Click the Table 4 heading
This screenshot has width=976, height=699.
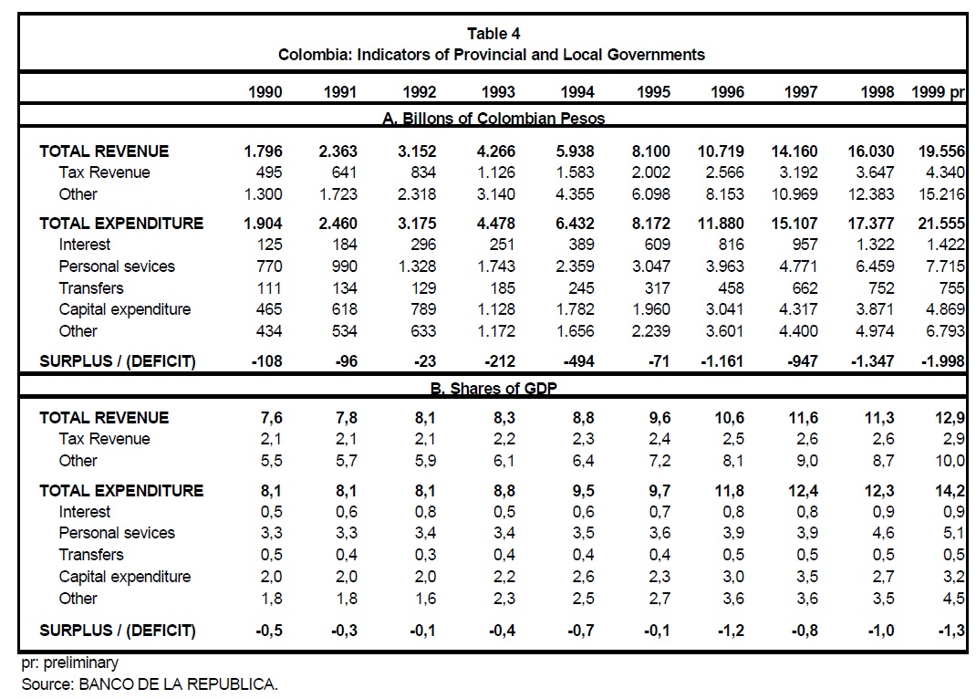[493, 34]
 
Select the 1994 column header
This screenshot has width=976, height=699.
[577, 92]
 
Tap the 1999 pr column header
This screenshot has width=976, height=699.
[938, 92]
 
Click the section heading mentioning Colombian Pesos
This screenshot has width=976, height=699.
[493, 119]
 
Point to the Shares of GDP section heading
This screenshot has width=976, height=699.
[493, 389]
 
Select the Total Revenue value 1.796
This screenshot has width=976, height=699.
[264, 151]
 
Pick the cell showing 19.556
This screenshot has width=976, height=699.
[941, 151]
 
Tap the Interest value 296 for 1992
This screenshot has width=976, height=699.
[423, 245]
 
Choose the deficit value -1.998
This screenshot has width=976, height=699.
[943, 361]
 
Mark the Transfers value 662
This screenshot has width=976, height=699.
[805, 287]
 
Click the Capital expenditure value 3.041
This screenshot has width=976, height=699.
[725, 309]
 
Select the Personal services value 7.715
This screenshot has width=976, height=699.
[945, 266]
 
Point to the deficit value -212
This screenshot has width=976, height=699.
[499, 361]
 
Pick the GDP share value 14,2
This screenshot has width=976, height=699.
[951, 490]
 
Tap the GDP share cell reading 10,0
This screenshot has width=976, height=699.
[951, 461]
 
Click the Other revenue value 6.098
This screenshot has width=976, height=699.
[650, 194]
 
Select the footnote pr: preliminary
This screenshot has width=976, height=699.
[69, 663]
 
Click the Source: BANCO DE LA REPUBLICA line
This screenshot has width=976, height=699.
[149, 683]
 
